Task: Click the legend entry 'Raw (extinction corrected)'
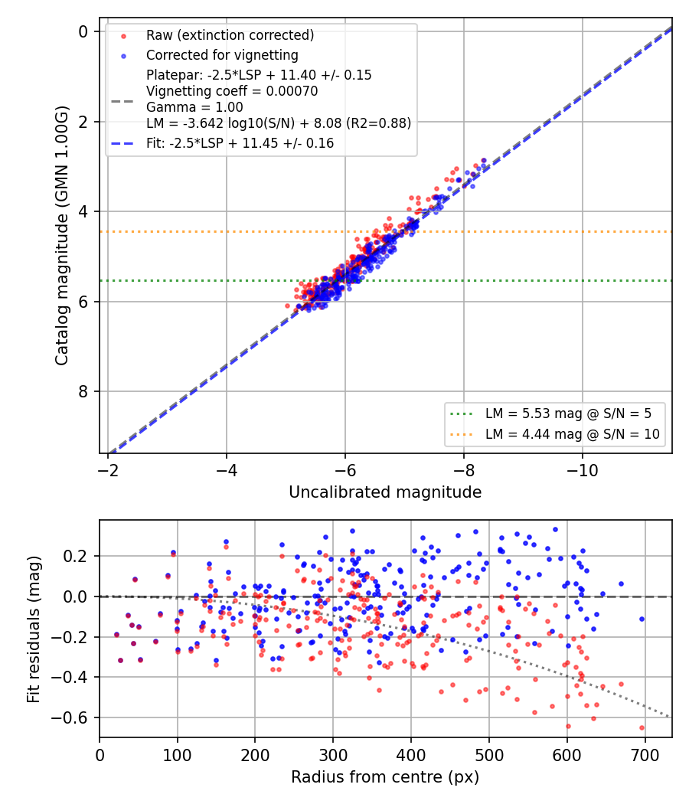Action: (230, 35)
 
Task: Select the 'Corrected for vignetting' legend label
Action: (222, 55)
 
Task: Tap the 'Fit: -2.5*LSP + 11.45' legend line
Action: (240, 143)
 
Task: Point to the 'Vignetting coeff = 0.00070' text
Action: (232, 91)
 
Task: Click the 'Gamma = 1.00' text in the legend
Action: (194, 107)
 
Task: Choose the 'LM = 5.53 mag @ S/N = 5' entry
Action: (568, 413)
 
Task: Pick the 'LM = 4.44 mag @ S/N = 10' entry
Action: (572, 434)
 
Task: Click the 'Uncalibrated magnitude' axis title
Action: (385, 492)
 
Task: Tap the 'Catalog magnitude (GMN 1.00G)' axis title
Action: (61, 235)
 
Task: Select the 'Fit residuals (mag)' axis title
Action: (34, 629)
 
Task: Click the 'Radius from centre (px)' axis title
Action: (385, 777)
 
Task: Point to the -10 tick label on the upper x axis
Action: (582, 469)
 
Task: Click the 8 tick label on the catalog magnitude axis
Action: (83, 392)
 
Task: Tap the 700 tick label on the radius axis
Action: (645, 755)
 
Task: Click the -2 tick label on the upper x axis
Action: (108, 469)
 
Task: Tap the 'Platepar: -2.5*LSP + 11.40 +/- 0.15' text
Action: (259, 75)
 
